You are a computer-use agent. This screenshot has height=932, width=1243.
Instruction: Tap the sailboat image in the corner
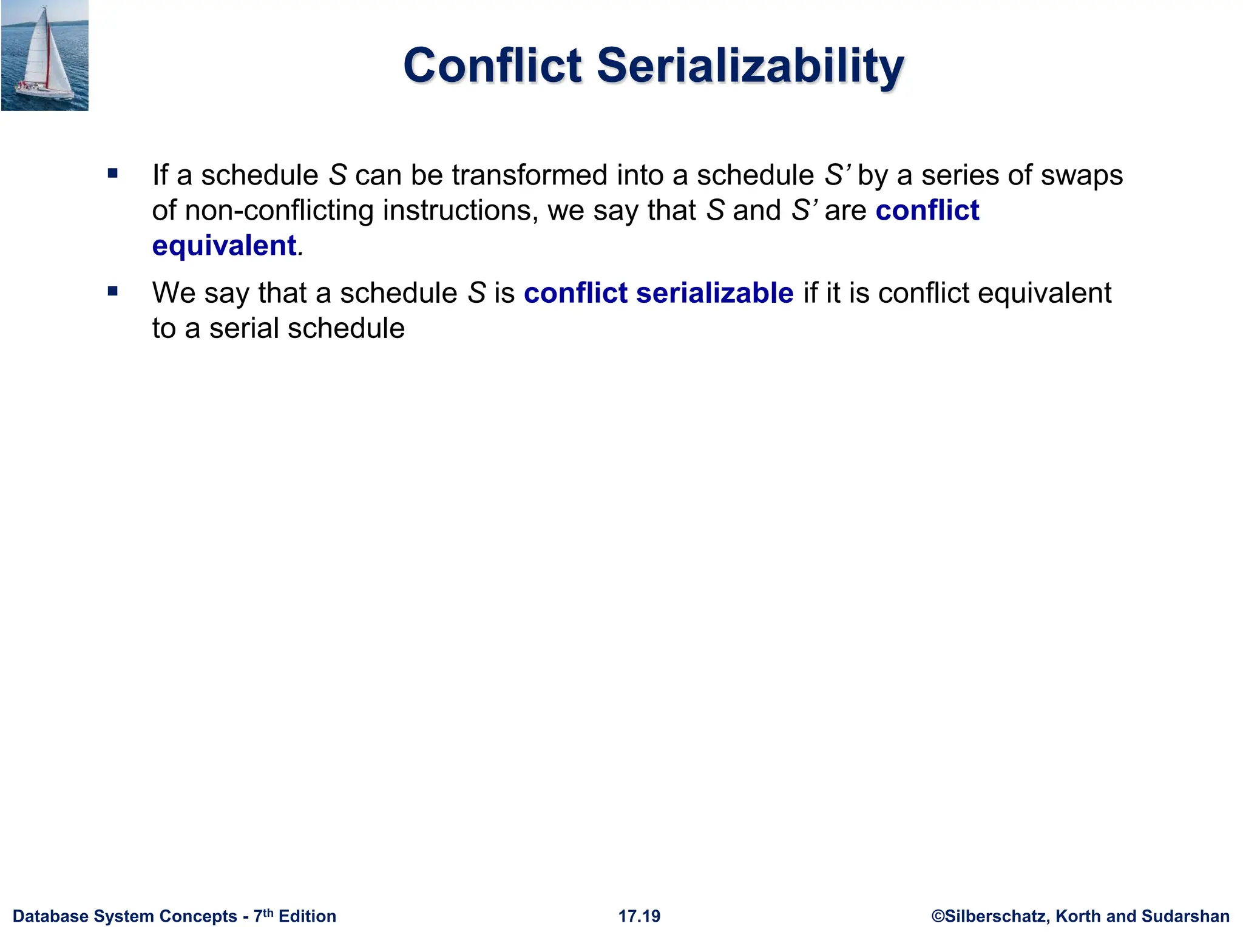(44, 55)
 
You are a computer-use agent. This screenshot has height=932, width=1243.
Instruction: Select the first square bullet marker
(112, 174)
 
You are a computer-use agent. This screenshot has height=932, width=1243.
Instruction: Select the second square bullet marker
(112, 292)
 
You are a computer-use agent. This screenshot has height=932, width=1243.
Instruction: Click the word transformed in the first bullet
(529, 175)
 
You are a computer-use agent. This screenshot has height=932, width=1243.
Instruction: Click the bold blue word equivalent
(224, 246)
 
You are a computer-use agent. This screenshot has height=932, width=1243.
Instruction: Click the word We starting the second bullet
(174, 293)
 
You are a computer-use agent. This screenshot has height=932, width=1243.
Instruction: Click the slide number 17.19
(639, 916)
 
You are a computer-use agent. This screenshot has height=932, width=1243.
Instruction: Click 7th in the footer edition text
(263, 915)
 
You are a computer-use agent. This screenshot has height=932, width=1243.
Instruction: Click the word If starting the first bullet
(160, 175)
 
